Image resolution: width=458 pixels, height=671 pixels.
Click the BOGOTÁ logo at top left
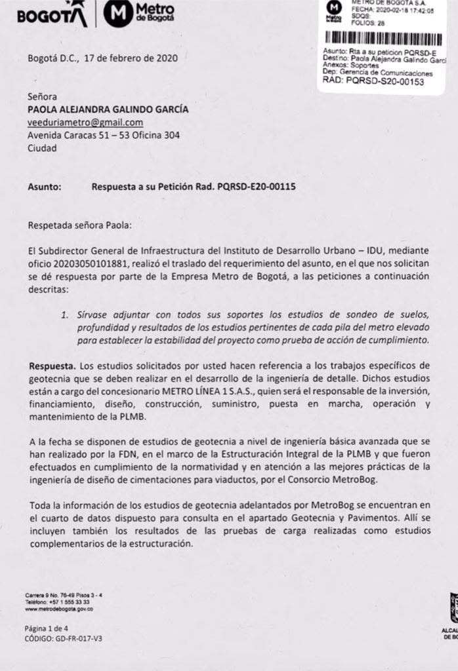[x=52, y=14]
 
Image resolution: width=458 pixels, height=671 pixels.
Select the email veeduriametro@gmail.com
[x=85, y=123]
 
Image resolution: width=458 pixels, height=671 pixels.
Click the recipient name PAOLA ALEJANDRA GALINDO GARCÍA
[x=108, y=109]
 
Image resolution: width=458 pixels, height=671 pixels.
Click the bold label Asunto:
[x=45, y=187]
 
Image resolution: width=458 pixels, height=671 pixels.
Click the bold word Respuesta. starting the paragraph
[x=52, y=364]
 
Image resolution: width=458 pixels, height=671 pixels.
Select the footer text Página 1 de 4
[x=46, y=627]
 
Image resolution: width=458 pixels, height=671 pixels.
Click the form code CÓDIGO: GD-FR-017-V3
[x=59, y=638]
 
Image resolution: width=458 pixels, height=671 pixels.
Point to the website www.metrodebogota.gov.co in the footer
[x=58, y=609]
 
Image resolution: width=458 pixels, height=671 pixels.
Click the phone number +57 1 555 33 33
[x=67, y=602]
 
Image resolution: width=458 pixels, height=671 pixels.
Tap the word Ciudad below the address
[x=41, y=148]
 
